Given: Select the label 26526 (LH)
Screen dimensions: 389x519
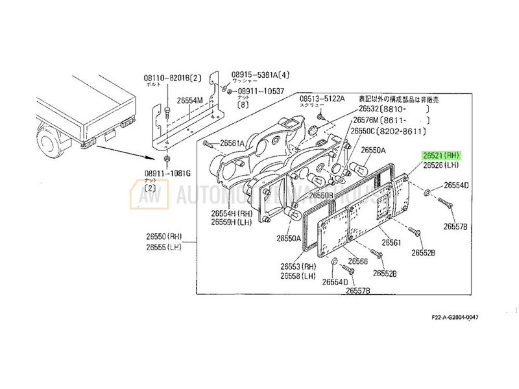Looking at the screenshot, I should (x=441, y=166).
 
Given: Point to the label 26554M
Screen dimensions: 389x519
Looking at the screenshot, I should (x=190, y=99).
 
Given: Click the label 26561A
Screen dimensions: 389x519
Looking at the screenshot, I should (x=232, y=143).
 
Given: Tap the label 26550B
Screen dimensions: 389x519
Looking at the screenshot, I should (x=321, y=194).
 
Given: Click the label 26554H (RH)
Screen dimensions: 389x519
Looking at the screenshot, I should (x=228, y=213).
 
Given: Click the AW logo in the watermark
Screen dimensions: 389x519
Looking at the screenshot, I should (x=146, y=194).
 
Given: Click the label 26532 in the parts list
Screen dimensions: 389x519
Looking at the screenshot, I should (x=365, y=110).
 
